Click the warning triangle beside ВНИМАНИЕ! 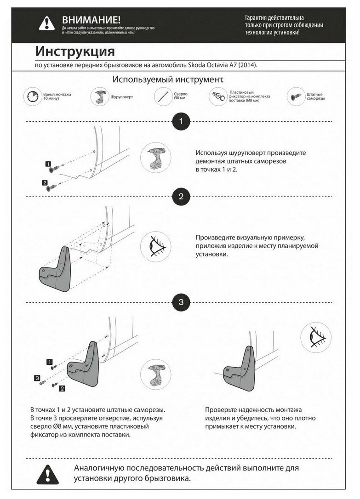(x=46, y=23)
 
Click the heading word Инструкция (x=75, y=50)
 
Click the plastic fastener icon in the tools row (x=217, y=96)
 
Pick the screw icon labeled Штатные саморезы (x=296, y=97)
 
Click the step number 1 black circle (x=181, y=122)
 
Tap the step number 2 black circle (x=181, y=197)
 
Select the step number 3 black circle (x=181, y=302)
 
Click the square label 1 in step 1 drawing (x=48, y=164)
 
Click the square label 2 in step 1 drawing (x=45, y=183)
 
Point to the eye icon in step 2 (x=155, y=247)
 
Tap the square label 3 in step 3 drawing (x=37, y=378)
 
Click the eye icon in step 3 (x=316, y=337)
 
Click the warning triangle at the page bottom (x=48, y=473)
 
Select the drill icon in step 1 (x=155, y=157)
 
